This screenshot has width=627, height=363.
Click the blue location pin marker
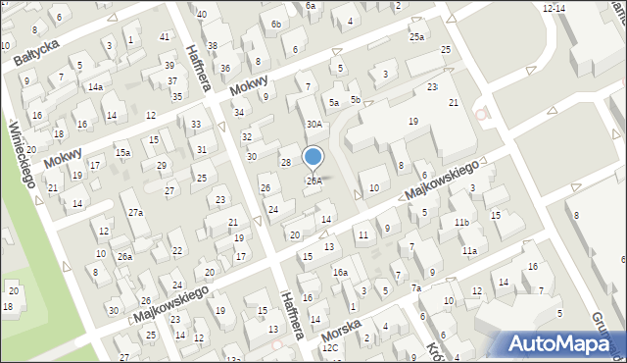point(313,157)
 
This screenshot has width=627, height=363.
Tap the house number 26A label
point(313,181)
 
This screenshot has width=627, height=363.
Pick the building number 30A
point(313,125)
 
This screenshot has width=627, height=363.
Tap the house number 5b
point(356,100)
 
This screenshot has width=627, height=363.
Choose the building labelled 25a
point(417,37)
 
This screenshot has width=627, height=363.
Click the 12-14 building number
point(554,8)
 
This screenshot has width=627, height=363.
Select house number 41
point(164,36)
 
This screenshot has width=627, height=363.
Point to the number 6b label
point(276,24)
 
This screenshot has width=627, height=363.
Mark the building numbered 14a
point(95,87)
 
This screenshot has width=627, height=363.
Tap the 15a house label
point(122,152)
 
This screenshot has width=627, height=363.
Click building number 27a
point(136,212)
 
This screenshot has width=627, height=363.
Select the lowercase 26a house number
point(124,256)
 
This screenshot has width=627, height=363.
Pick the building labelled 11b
point(460,224)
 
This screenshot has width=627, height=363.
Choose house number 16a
point(339,272)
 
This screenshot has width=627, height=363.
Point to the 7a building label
point(415,287)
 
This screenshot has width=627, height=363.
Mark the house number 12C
point(330,347)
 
